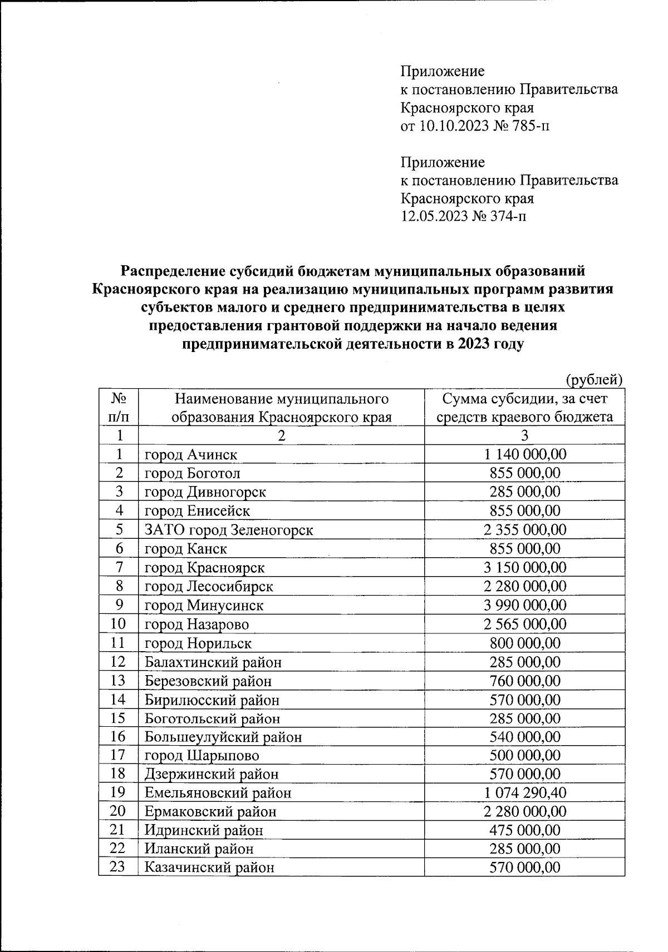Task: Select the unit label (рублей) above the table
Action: point(593,380)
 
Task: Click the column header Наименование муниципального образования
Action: point(281,408)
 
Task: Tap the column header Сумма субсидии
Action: point(524,408)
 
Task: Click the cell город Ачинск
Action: point(191,454)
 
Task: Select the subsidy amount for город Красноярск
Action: point(524,568)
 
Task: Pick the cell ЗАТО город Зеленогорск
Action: point(229,530)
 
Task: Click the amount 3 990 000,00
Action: point(524,605)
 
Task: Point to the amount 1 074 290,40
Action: point(524,793)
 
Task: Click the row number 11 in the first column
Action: point(119,643)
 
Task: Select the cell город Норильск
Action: point(198,643)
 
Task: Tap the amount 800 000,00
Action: point(524,643)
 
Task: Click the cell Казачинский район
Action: point(209,867)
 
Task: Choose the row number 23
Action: point(119,867)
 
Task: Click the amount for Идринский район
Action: point(524,830)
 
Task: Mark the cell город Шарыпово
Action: point(202,756)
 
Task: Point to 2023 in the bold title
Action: point(474,344)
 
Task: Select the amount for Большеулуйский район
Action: point(524,737)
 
